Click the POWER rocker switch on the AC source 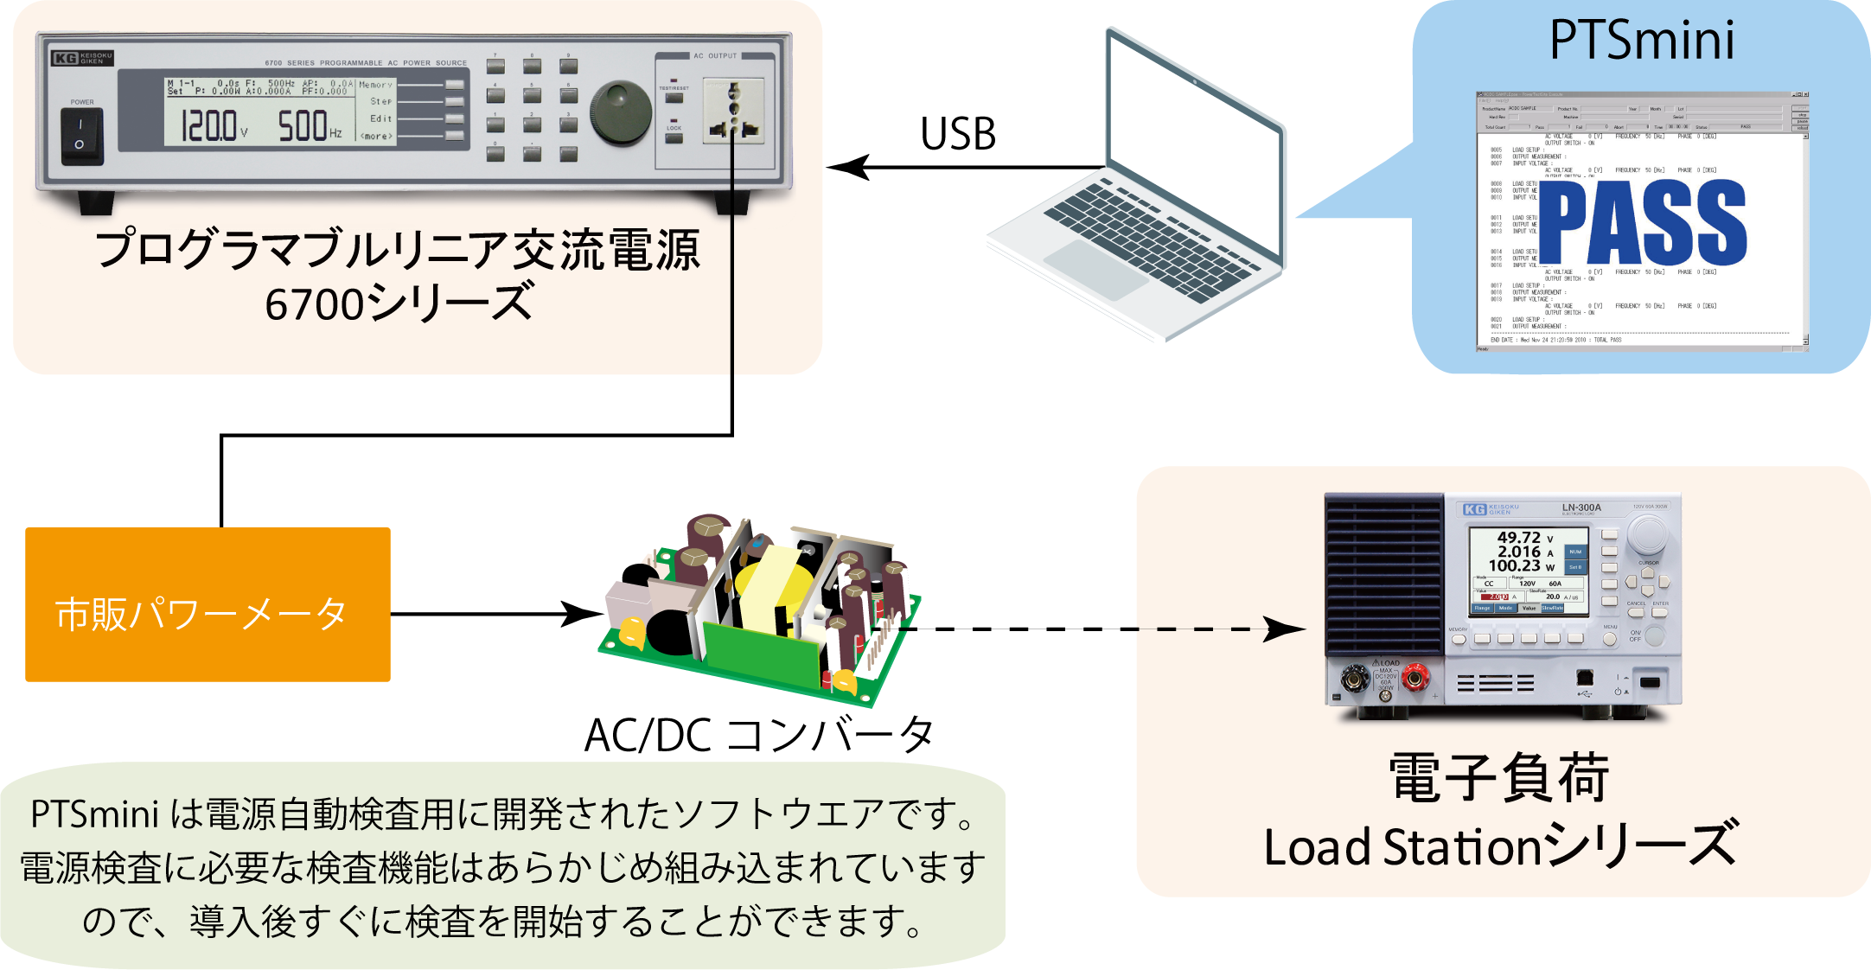coord(81,136)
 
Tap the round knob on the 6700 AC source coord(621,113)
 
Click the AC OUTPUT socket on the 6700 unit coord(734,110)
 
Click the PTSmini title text coord(1642,41)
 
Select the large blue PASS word coord(1642,223)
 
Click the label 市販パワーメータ coord(201,615)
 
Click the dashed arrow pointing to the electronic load coord(1228,629)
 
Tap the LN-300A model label coord(1581,507)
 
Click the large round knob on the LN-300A coord(1647,535)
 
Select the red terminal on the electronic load coord(1414,679)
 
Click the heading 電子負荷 coord(1499,778)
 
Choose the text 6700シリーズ coord(398,303)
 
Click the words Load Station coord(1401,847)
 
